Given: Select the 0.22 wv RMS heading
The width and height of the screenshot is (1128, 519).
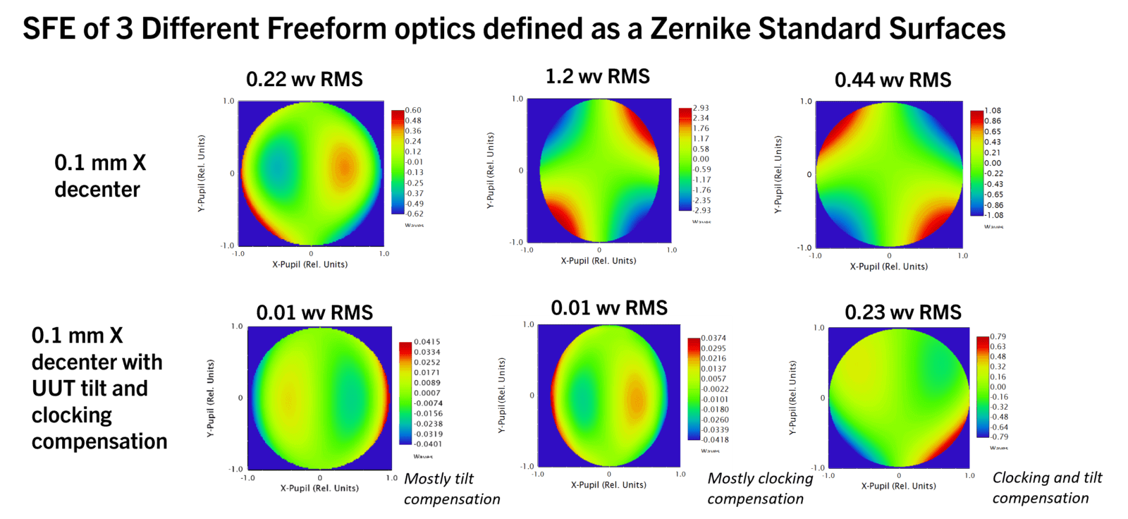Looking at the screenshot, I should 304,80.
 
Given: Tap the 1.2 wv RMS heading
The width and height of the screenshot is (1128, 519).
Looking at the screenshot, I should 597,76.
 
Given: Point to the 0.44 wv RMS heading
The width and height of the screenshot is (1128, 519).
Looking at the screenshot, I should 893,80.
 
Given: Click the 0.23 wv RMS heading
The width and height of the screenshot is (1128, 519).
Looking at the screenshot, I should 902,312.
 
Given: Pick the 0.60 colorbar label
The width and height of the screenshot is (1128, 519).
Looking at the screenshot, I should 413,110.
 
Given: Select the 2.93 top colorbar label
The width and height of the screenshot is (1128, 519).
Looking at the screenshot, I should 701,108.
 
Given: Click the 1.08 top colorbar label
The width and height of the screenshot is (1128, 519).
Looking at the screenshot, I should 993,111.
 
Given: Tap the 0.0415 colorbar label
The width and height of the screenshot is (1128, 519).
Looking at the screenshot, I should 427,342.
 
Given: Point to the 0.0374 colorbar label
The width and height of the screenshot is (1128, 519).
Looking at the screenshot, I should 713,338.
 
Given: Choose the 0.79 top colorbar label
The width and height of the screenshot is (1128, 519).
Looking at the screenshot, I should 998,337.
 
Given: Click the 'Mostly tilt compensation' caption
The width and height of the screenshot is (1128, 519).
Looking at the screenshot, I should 451,489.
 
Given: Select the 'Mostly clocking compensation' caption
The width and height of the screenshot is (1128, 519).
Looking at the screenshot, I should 759,489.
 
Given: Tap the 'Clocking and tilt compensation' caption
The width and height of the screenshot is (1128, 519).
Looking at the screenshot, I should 1046,488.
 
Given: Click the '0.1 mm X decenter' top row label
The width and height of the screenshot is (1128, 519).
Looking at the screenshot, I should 99,176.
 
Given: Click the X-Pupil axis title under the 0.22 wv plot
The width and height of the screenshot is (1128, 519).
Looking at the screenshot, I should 309,264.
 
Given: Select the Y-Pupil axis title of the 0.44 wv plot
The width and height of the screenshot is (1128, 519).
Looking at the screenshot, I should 778,174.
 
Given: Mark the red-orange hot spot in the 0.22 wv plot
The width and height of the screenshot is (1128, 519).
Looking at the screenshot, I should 343,167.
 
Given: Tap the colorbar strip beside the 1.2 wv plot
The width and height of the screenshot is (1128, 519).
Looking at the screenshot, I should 685,159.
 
